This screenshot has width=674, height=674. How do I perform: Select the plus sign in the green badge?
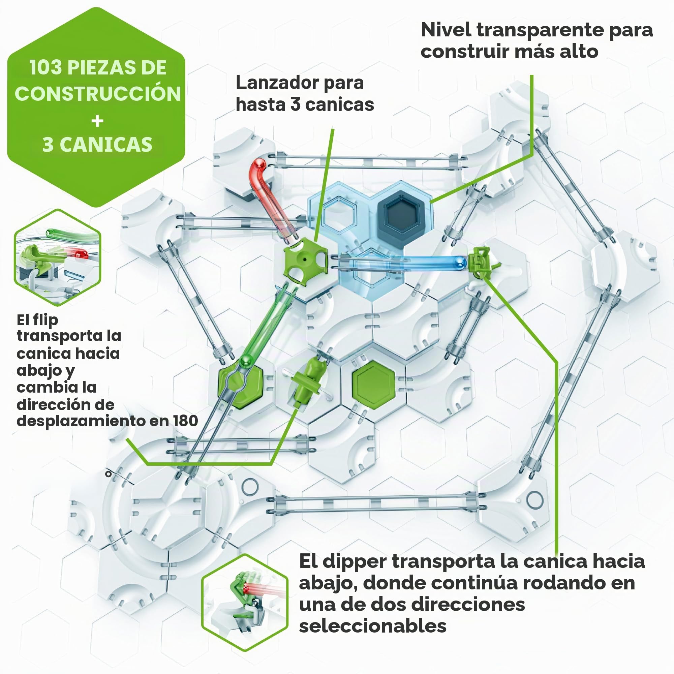coord(97,121)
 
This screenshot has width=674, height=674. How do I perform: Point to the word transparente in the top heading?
coord(540,30)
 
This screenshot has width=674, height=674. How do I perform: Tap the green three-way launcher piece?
coord(306,260)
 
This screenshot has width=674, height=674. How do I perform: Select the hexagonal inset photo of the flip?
coord(58,257)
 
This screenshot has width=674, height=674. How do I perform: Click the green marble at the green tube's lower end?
coord(247,360)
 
